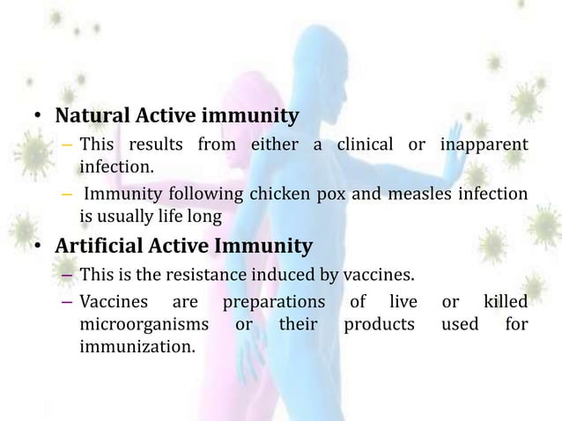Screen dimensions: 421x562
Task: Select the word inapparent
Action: click(483, 144)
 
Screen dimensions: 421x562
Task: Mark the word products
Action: click(379, 324)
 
